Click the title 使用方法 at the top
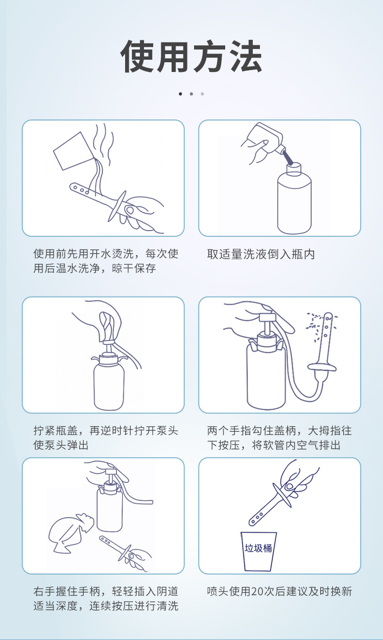tap(192, 56)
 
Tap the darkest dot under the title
tap(180, 94)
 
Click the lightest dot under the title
tap(202, 94)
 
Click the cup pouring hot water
tap(71, 151)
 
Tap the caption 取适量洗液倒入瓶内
tap(261, 254)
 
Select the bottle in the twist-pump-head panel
tap(108, 380)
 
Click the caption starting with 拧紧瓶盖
tap(106, 438)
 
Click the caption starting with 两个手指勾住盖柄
tap(280, 438)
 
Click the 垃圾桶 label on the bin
tap(258, 549)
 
